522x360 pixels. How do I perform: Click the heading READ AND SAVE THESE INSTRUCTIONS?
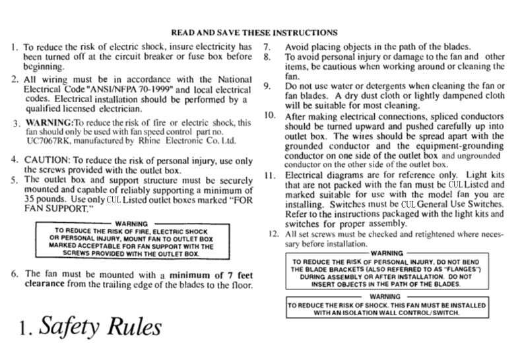(254, 32)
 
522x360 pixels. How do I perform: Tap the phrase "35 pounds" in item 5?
(42, 198)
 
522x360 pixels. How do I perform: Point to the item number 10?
(269, 115)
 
